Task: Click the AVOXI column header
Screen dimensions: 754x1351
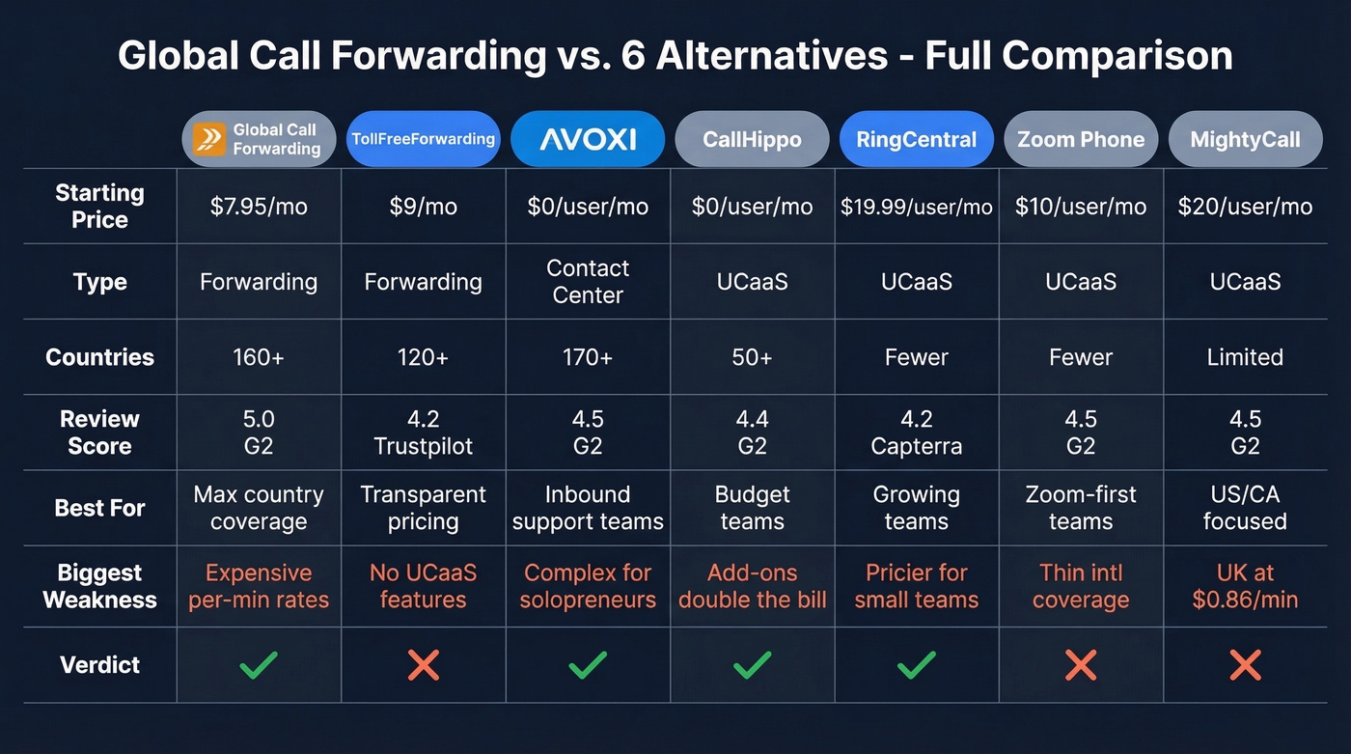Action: coord(588,139)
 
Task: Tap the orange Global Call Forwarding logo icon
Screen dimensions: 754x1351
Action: coord(208,139)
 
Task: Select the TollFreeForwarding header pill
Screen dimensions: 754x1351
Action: coord(423,139)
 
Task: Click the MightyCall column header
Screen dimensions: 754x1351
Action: coord(1245,139)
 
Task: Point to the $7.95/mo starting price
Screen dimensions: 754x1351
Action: coord(259,207)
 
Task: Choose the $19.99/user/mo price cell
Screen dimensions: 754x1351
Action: coord(916,207)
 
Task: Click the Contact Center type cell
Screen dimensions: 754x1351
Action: coord(588,282)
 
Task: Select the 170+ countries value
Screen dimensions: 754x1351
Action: coord(588,357)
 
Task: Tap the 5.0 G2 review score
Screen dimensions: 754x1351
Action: coord(259,433)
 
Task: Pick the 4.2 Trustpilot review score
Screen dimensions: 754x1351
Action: coord(423,433)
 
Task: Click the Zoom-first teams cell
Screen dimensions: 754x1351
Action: coord(1081,508)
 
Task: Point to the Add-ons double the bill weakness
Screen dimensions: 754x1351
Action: coord(752,586)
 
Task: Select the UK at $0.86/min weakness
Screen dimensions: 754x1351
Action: coord(1245,586)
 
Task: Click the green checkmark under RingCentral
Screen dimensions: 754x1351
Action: coord(916,664)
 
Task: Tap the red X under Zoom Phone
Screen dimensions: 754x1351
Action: coord(1081,664)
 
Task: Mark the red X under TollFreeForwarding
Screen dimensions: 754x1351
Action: coord(423,664)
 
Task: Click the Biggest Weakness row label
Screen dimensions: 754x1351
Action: coord(99,586)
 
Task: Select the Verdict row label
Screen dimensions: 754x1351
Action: coord(99,665)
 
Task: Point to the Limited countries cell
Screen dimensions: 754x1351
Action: coord(1245,357)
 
